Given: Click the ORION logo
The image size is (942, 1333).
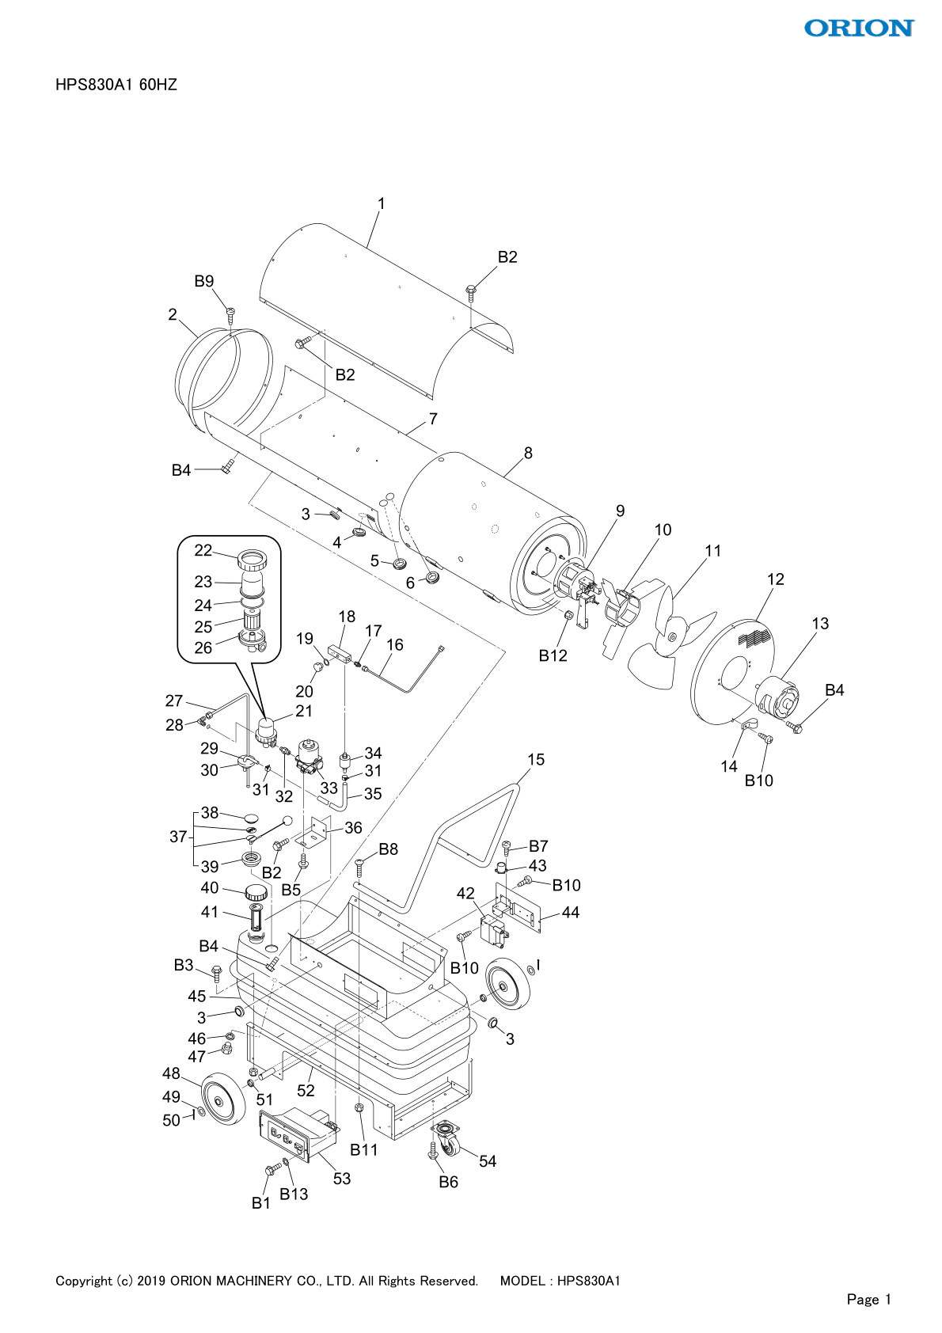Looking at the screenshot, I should click(859, 28).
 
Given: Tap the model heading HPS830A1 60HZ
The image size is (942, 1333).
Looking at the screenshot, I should click(116, 85).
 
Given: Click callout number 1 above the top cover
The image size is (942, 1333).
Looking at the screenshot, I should click(381, 204).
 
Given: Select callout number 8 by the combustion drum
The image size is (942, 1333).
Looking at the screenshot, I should click(528, 454).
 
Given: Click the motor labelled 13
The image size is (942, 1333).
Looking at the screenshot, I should click(778, 700).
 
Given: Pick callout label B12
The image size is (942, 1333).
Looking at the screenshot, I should click(553, 655).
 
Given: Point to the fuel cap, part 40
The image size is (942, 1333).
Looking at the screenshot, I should click(255, 893).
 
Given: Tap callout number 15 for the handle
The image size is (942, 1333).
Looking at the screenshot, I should click(536, 760).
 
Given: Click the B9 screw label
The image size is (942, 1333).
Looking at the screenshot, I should click(204, 281).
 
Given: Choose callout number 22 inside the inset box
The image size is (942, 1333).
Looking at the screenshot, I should click(203, 551).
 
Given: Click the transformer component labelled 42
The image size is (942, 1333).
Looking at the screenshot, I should click(495, 930).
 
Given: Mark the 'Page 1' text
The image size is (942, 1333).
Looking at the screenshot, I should click(868, 1299).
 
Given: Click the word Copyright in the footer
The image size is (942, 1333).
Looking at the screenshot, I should click(84, 1281).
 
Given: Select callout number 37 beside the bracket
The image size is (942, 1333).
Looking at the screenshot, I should click(178, 837).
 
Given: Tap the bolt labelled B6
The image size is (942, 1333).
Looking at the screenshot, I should click(448, 1182).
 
